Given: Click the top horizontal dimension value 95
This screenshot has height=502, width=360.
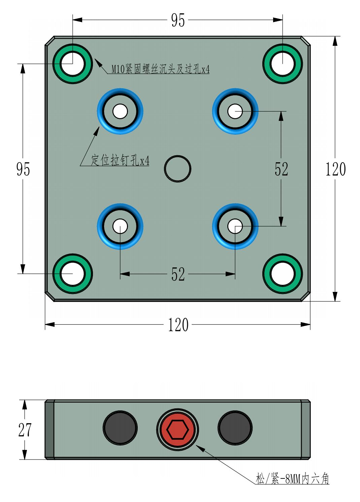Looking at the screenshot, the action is coord(178,20).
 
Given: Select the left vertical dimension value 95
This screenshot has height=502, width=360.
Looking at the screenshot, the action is coord(23,169).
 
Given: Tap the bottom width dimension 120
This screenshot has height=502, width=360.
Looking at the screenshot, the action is coord(178,325).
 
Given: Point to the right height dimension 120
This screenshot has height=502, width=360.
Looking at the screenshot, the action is coord(335,169).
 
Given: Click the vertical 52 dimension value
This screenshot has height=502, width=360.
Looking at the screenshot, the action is coord(281,169).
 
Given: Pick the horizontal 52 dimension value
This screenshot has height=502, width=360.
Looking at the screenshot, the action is coord(178,274).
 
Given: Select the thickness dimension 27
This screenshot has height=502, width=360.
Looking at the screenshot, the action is coord(25,430).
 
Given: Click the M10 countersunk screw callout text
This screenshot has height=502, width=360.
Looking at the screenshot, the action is coord(161,69).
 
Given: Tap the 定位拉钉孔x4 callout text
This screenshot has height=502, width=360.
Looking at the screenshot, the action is coord(120,160).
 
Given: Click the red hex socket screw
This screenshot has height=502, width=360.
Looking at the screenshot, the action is coord(177,430).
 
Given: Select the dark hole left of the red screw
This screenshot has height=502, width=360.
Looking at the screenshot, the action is coord(120,428).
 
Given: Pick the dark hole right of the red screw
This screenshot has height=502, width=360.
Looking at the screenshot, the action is coord(235,428).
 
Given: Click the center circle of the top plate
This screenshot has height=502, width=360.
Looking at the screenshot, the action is coord(177,169).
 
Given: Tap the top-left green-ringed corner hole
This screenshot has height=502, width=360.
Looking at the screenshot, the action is coord(73,64).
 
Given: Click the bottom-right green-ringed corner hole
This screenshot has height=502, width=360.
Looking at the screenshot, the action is coord(283,274).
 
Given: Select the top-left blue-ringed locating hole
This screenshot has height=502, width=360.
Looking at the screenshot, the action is coord(120,111).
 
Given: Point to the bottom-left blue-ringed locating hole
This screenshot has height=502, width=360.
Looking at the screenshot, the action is coord(120,226).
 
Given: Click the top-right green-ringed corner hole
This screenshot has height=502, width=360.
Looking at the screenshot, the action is coord(283,64).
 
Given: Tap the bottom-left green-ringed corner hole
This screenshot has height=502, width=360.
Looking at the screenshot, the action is coord(73,274).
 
